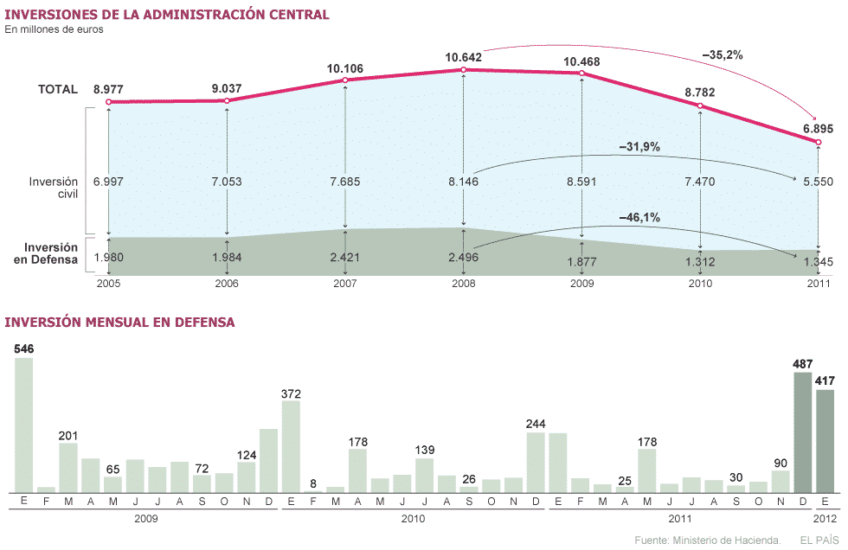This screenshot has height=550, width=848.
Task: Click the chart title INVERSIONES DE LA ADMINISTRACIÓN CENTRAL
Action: (167, 15)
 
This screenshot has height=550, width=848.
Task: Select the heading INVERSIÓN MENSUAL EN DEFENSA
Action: (120, 323)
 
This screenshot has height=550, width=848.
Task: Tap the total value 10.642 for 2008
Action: (464, 57)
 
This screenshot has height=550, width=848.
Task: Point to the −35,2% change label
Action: (723, 54)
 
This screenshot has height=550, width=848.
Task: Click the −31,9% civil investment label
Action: (639, 148)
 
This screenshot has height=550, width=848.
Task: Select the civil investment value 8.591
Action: (581, 182)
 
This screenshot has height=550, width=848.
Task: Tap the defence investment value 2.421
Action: (345, 258)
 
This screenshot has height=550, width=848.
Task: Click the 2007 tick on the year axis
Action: (345, 283)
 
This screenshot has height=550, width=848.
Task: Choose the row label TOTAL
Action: (58, 89)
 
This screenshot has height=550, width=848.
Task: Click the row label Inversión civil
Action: (54, 188)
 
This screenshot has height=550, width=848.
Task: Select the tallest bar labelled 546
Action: (23, 424)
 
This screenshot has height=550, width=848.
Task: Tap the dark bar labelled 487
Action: (802, 432)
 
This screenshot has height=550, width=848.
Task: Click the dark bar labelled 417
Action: (825, 440)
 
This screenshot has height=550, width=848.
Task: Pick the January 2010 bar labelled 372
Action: (291, 446)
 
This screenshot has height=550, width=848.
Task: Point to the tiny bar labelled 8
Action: (313, 490)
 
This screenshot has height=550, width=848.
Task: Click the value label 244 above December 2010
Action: (536, 424)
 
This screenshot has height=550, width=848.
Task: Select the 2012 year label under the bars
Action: (825, 519)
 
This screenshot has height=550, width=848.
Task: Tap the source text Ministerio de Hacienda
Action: (707, 540)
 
